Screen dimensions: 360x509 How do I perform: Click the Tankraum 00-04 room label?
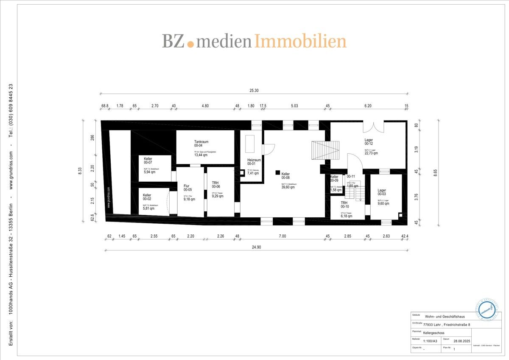tap(201, 144)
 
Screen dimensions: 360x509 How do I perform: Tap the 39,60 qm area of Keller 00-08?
tap(288, 187)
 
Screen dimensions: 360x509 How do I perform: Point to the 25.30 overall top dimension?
tap(255, 90)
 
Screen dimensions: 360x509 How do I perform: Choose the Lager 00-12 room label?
tap(369, 142)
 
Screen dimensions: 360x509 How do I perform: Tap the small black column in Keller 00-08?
tap(277, 172)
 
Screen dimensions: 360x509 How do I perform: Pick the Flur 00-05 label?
tap(187, 188)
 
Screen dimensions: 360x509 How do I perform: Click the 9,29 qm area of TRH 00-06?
tap(218, 196)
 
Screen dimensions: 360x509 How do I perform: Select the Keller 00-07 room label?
tap(148, 160)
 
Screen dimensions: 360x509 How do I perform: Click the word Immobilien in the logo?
tap(300, 41)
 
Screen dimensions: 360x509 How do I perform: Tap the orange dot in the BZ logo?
tap(190, 44)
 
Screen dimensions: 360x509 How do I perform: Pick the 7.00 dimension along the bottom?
tap(282, 236)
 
